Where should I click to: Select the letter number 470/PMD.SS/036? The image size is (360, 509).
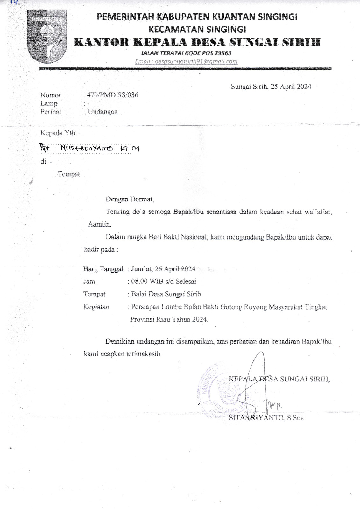113,95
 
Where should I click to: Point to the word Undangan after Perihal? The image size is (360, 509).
103,112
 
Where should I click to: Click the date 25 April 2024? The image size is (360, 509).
291,87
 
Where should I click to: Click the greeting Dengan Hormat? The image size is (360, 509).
130,199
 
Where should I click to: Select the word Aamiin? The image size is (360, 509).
99,224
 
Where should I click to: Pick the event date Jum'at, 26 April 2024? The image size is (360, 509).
163,269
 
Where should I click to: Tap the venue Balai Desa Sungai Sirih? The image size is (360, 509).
166,294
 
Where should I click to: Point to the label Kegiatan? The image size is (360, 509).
96,307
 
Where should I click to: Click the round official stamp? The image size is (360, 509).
223,390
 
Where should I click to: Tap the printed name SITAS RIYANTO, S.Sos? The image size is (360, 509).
266,418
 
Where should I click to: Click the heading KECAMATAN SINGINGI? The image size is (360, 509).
197,30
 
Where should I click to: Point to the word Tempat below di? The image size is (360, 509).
69,174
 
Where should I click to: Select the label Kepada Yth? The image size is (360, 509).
59,133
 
